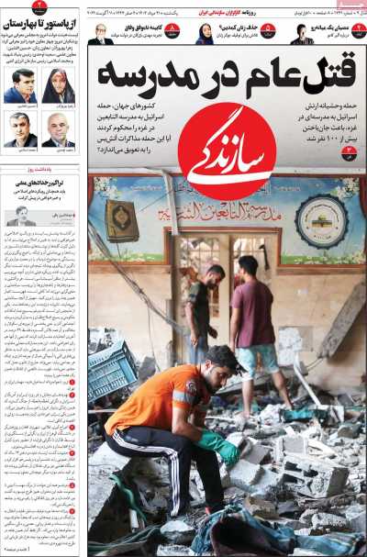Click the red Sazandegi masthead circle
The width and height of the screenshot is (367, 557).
coord(227,151)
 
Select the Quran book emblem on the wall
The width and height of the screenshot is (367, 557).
coord(121,220)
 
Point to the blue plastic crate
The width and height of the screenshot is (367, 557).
coord(113,366)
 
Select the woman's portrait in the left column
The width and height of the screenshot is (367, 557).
coord(58,85)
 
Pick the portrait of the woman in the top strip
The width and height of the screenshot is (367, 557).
coord(204,34)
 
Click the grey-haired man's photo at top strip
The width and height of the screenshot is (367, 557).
coord(100,34)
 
